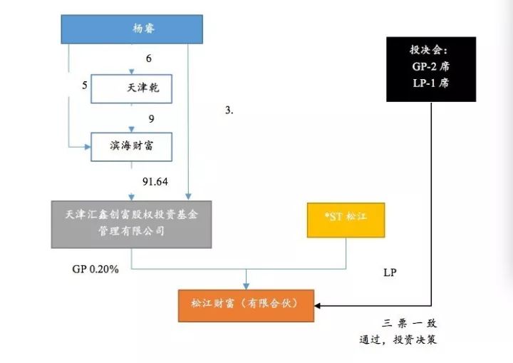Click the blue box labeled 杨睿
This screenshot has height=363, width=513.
(x=132, y=29)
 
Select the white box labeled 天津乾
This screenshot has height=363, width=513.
(x=132, y=88)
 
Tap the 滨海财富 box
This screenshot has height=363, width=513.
(x=132, y=147)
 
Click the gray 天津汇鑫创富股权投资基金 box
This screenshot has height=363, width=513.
(x=132, y=225)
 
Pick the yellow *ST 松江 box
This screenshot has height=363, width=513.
(x=346, y=220)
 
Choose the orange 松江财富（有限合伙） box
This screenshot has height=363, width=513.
(x=246, y=306)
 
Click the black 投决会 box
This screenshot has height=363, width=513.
(x=431, y=69)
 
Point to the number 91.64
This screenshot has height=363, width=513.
(x=155, y=181)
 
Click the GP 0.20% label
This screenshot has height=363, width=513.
(x=95, y=270)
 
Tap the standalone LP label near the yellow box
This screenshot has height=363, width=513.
(x=390, y=272)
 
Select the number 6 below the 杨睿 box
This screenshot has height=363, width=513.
(x=149, y=58)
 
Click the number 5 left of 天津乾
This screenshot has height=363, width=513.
(x=85, y=86)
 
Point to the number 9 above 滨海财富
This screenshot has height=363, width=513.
(x=151, y=118)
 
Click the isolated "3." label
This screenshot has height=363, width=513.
(x=229, y=111)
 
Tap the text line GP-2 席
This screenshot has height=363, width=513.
(x=431, y=66)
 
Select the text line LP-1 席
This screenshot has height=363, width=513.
(x=431, y=83)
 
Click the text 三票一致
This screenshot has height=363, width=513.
(x=409, y=324)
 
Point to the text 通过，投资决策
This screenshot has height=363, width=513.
(x=398, y=339)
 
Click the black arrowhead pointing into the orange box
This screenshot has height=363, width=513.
(x=317, y=306)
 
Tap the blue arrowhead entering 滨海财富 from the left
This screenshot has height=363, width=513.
(x=88, y=147)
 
